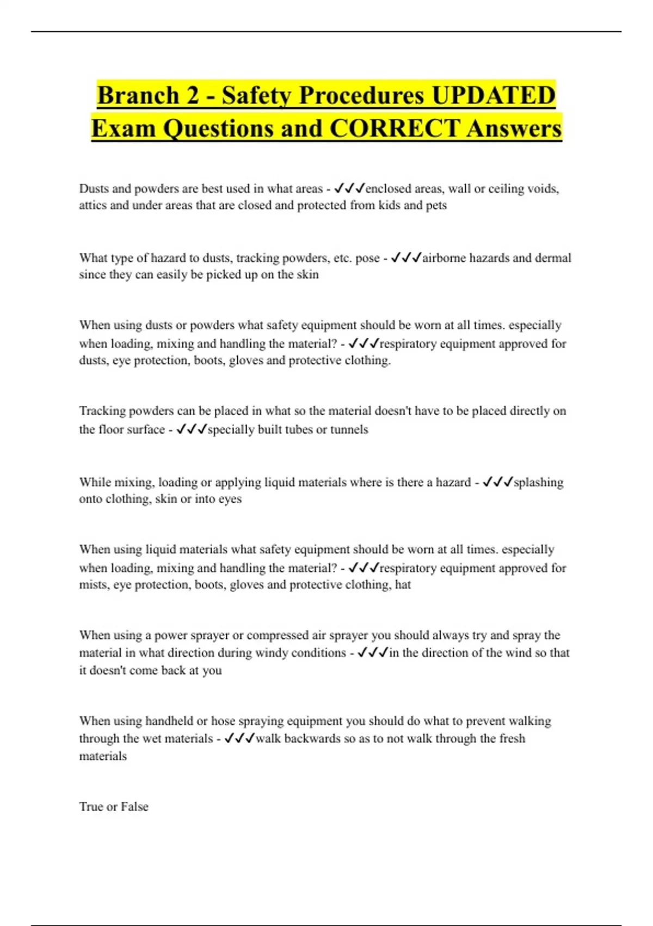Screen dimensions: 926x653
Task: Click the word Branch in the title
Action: click(137, 95)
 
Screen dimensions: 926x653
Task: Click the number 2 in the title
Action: click(192, 95)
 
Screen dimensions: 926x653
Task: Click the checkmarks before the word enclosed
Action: click(349, 188)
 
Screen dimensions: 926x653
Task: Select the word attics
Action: click(93, 205)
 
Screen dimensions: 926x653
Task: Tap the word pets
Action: click(436, 205)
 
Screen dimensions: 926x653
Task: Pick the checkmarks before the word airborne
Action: click(406, 258)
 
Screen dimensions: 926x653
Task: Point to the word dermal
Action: click(553, 258)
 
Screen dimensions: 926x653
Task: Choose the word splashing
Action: click(539, 482)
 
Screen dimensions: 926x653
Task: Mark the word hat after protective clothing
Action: click(403, 584)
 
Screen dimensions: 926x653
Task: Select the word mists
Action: click(93, 584)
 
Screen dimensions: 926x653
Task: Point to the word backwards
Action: click(312, 739)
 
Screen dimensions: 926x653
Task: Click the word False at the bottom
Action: click(134, 807)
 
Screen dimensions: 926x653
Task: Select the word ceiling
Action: click(507, 188)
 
